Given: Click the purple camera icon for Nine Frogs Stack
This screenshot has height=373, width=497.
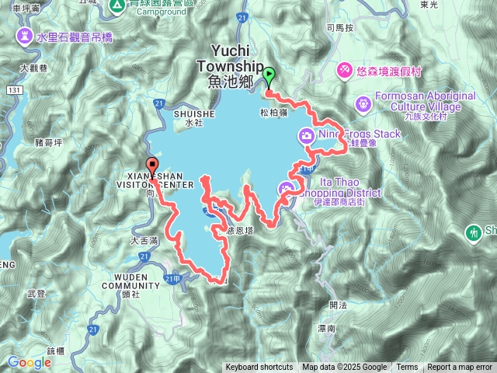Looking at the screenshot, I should point(307,137).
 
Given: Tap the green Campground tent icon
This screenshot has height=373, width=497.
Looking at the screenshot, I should point(116,6).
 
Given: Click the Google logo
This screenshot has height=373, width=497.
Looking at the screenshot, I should point(29,362).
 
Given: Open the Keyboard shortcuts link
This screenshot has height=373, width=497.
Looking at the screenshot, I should point(259,368).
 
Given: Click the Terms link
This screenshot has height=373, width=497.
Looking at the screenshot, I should point(407,368).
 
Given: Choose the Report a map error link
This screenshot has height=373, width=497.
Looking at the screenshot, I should point(460,368).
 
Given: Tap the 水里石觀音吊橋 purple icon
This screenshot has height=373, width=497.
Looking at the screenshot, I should point(25,36).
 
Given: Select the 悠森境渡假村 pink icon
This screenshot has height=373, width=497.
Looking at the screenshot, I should point(343,70).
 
